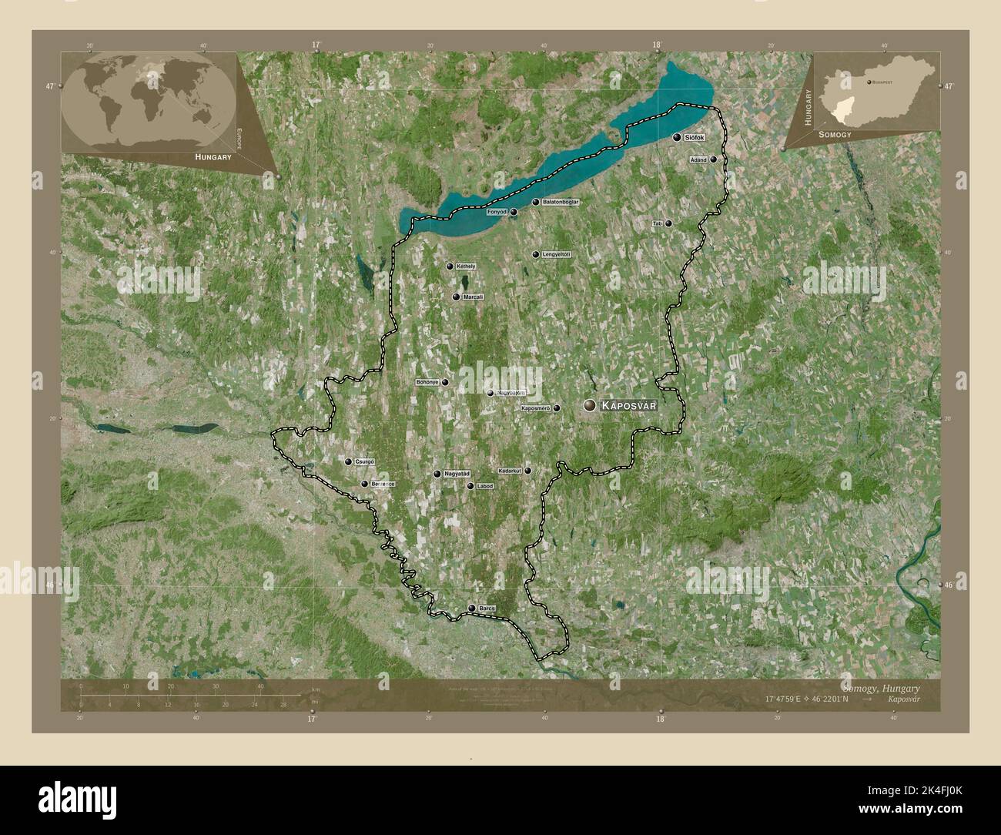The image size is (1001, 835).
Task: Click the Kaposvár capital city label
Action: click(x=628, y=405)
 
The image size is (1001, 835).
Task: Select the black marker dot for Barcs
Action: click(x=472, y=609)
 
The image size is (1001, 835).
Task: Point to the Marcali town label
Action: click(x=474, y=297)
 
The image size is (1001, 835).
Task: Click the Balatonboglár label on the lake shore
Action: click(x=561, y=202)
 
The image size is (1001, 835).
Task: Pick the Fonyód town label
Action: click(x=497, y=212)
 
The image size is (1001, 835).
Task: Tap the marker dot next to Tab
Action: click(x=668, y=223)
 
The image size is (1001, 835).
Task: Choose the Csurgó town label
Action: click(x=365, y=461)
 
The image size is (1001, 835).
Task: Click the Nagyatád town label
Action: click(x=456, y=474)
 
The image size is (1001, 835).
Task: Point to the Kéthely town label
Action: click(x=466, y=267)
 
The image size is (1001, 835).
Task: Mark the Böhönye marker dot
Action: click(x=445, y=382)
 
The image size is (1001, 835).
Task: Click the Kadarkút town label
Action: click(x=510, y=470)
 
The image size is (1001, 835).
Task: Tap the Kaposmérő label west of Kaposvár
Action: click(x=536, y=408)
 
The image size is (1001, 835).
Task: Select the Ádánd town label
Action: click(x=698, y=159)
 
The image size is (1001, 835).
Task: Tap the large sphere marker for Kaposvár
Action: click(x=590, y=405)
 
